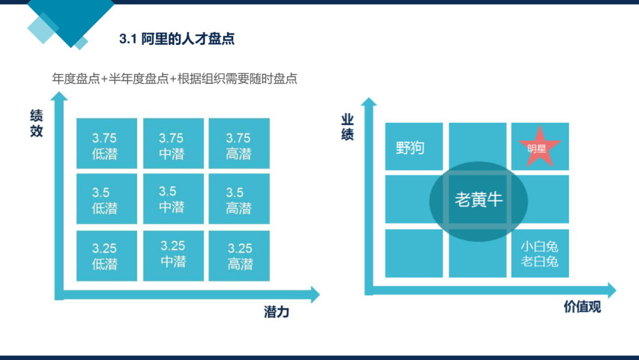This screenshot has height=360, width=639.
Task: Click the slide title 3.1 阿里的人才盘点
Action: pyautogui.click(x=176, y=38)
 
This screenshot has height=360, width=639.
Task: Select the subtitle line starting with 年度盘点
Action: pyautogui.click(x=175, y=78)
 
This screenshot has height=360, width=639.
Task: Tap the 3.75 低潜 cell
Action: pyautogui.click(x=106, y=143)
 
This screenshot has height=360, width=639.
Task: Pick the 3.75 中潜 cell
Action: pyautogui.click(x=173, y=143)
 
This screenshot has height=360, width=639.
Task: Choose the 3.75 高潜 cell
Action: pyautogui.click(x=239, y=143)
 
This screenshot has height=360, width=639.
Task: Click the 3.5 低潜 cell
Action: pyautogui.click(x=106, y=199)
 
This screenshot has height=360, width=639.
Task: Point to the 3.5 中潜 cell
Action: pyautogui.click(x=173, y=199)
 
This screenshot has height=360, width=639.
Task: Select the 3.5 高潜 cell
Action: pyautogui.click(x=239, y=199)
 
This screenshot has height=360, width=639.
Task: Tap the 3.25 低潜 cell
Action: pyautogui.click(x=106, y=256)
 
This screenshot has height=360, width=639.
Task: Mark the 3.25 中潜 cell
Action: pyautogui.click(x=173, y=256)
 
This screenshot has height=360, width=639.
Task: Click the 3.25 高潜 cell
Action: pyautogui.click(x=239, y=256)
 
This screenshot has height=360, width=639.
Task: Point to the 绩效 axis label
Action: pyautogui.click(x=36, y=123)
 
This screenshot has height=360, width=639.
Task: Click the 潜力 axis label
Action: pyautogui.click(x=276, y=312)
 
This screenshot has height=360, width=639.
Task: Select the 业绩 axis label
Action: pyautogui.click(x=347, y=127)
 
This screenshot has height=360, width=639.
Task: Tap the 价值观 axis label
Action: pyautogui.click(x=582, y=307)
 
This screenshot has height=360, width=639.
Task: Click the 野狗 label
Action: pyautogui.click(x=410, y=147)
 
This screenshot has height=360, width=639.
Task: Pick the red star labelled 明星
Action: pyautogui.click(x=540, y=147)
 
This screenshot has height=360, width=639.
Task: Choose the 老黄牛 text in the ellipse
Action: pyautogui.click(x=479, y=200)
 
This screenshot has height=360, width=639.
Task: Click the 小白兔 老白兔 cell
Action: pyautogui.click(x=540, y=253)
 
